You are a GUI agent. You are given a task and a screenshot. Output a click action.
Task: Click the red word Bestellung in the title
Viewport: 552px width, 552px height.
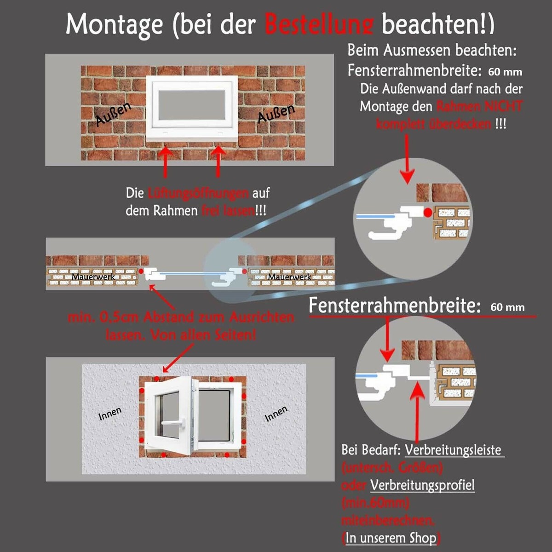tap(319, 24)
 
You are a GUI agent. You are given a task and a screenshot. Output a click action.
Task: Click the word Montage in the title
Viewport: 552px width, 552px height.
tap(114, 24)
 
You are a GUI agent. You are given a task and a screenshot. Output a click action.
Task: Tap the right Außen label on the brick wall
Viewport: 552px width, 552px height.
tap(276, 113)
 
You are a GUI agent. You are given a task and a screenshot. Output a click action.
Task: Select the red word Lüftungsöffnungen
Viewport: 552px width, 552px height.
tap(198, 193)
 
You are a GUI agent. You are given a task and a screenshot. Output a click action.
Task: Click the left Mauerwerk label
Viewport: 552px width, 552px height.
tap(93, 276)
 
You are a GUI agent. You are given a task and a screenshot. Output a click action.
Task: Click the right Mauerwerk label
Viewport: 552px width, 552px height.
tap(289, 276)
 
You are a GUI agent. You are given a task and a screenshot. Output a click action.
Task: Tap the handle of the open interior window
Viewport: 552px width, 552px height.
tap(174, 422)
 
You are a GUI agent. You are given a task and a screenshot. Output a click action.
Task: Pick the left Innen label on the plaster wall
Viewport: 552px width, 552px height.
tap(110, 413)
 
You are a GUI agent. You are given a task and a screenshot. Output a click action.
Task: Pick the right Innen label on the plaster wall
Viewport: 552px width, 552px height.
tap(276, 413)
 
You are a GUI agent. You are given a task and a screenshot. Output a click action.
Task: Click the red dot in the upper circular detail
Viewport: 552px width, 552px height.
tap(428, 213)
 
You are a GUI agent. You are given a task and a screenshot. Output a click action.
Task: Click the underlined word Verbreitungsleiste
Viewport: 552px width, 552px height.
tap(453, 449)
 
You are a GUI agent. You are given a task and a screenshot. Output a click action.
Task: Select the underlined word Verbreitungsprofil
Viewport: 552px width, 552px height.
tap(422, 485)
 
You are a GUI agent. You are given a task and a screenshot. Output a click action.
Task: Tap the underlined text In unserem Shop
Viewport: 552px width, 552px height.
tap(391, 538)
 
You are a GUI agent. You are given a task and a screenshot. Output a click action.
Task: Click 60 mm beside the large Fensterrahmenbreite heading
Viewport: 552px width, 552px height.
tap(507, 307)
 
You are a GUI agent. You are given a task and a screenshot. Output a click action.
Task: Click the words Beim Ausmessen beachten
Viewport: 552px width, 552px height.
tap(432, 50)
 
